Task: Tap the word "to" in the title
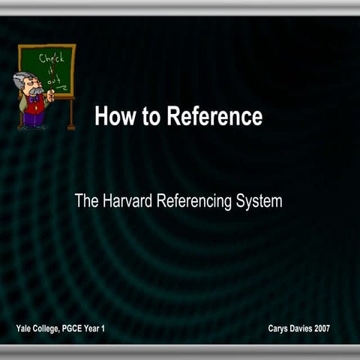(152, 117)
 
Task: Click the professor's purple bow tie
(33, 98)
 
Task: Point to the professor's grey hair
(20, 81)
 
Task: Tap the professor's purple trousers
(33, 117)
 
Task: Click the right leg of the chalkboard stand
(73, 112)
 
